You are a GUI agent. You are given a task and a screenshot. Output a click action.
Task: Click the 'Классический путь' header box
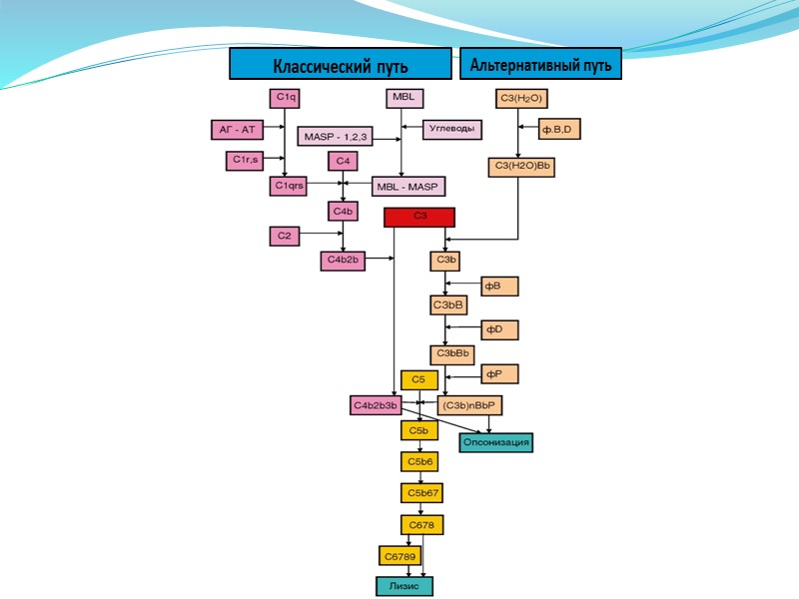341,64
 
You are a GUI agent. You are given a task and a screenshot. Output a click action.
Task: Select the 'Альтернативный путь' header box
540,64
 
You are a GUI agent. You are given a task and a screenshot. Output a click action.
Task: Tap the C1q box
286,98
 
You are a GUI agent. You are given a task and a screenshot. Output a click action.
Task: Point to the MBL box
404,98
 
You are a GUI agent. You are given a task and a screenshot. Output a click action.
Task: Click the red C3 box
419,217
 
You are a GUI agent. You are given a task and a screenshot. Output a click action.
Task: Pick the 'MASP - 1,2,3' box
335,136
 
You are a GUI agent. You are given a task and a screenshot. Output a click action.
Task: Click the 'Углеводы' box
452,129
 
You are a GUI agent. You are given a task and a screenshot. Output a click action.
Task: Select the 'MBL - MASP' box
409,186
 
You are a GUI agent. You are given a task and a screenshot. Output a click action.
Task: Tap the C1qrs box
290,186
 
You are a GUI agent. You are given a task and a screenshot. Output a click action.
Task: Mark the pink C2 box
285,236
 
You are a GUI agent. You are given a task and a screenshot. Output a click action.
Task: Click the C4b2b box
343,261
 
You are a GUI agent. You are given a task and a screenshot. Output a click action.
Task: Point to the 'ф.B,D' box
559,129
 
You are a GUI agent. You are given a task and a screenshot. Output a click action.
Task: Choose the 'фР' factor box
499,374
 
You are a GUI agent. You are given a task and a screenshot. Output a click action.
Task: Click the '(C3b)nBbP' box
470,404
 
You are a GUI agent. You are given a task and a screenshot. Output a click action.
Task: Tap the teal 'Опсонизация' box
495,441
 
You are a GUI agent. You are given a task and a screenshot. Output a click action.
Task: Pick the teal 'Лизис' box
403,586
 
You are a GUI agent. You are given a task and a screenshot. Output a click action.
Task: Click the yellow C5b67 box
421,493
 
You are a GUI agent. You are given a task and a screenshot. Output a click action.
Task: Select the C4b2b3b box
375,404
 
